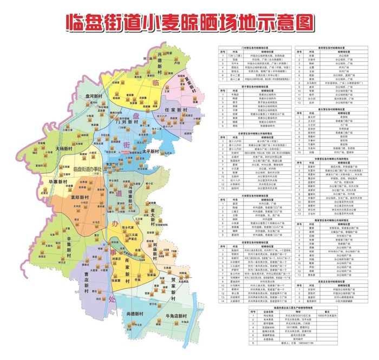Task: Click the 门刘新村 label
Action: pyautogui.click(x=122, y=121)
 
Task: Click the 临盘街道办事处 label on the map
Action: pyautogui.click(x=87, y=168)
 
